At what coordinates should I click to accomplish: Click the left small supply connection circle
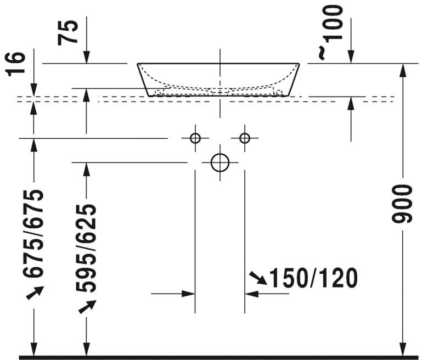(195, 138)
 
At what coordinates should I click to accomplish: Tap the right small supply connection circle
(245, 138)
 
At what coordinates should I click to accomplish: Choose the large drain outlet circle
(220, 162)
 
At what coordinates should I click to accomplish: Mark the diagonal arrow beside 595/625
(86, 307)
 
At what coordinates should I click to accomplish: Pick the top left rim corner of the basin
(138, 64)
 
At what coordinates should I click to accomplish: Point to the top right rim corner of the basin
(300, 64)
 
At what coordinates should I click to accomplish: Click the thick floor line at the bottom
(220, 357)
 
